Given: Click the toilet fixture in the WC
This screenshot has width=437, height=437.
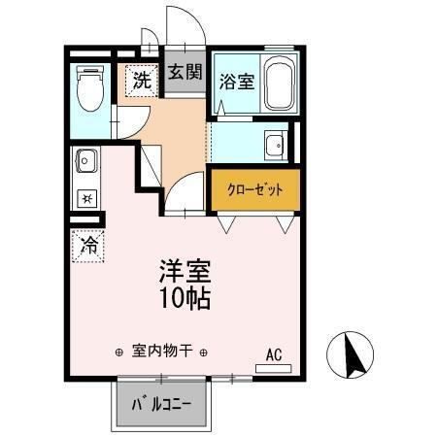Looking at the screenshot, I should pos(90,86).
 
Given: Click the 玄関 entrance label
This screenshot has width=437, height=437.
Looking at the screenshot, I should pos(184,72).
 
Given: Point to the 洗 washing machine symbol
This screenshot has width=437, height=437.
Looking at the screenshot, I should pos(142,81).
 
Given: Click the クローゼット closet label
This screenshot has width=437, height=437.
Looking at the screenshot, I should pos(255,189).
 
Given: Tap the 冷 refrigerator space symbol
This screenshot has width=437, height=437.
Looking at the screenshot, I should pos(88,246).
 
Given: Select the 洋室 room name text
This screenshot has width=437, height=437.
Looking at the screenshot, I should pos(184,269).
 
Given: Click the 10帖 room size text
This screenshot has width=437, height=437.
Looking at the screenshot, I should pos(184,296).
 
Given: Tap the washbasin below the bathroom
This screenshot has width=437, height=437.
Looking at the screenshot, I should pos(273,147).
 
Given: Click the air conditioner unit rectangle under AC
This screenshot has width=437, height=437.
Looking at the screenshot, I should pos(274,368).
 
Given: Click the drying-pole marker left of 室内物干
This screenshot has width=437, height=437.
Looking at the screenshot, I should pos(118,352).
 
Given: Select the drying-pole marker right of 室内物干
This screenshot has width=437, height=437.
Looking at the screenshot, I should pos(205,352).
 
